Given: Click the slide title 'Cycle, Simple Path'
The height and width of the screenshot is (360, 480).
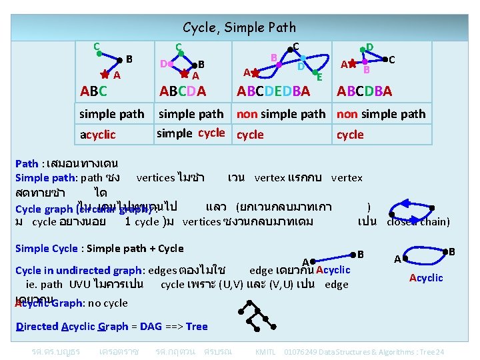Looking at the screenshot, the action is [239, 27].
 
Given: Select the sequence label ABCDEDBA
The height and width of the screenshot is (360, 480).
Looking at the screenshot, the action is [273, 91].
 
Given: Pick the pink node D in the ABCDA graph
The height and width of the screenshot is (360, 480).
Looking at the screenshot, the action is [171, 64].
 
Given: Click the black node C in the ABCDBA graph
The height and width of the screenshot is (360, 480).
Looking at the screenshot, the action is [383, 60].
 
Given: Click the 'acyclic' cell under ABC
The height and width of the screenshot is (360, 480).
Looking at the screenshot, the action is [97, 135].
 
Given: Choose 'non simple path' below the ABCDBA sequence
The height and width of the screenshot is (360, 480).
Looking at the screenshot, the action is [381, 114].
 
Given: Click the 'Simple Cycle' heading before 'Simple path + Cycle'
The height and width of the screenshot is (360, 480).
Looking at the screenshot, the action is [46, 249].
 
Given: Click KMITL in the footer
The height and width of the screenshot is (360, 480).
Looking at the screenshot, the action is [265, 351].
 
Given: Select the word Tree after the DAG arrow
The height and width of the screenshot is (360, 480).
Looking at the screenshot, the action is [197, 326].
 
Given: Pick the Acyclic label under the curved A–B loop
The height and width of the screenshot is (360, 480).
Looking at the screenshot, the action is [426, 277].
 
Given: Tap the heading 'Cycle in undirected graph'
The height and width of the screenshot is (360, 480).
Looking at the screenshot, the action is [79, 270].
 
